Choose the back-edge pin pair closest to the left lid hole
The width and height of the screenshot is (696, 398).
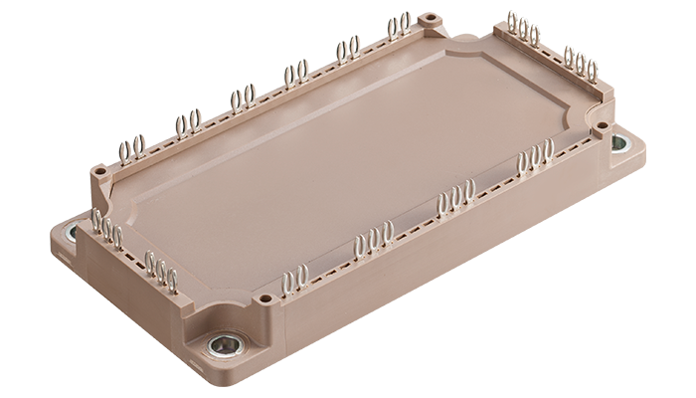coord(133,150)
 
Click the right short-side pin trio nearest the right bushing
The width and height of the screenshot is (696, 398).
coord(580,63)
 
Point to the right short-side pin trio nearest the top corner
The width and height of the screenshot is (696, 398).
coord(523,31)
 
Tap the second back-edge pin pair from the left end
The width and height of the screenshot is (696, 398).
coord(188,123)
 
